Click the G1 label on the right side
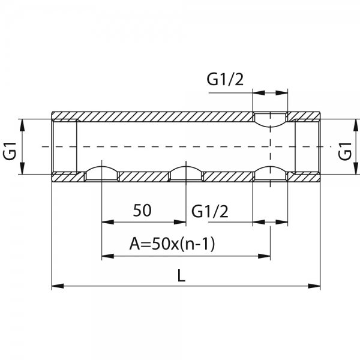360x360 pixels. point(345,151)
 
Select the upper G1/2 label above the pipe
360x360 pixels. point(225,79)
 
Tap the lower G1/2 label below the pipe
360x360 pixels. point(210,211)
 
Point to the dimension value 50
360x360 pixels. point(142,211)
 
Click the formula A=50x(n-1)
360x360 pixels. point(172,244)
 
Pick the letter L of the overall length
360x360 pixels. point(181,275)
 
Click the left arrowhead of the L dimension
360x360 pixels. point(58,286)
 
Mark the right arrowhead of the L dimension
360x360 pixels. point(314,286)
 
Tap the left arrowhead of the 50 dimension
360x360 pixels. point(107,222)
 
